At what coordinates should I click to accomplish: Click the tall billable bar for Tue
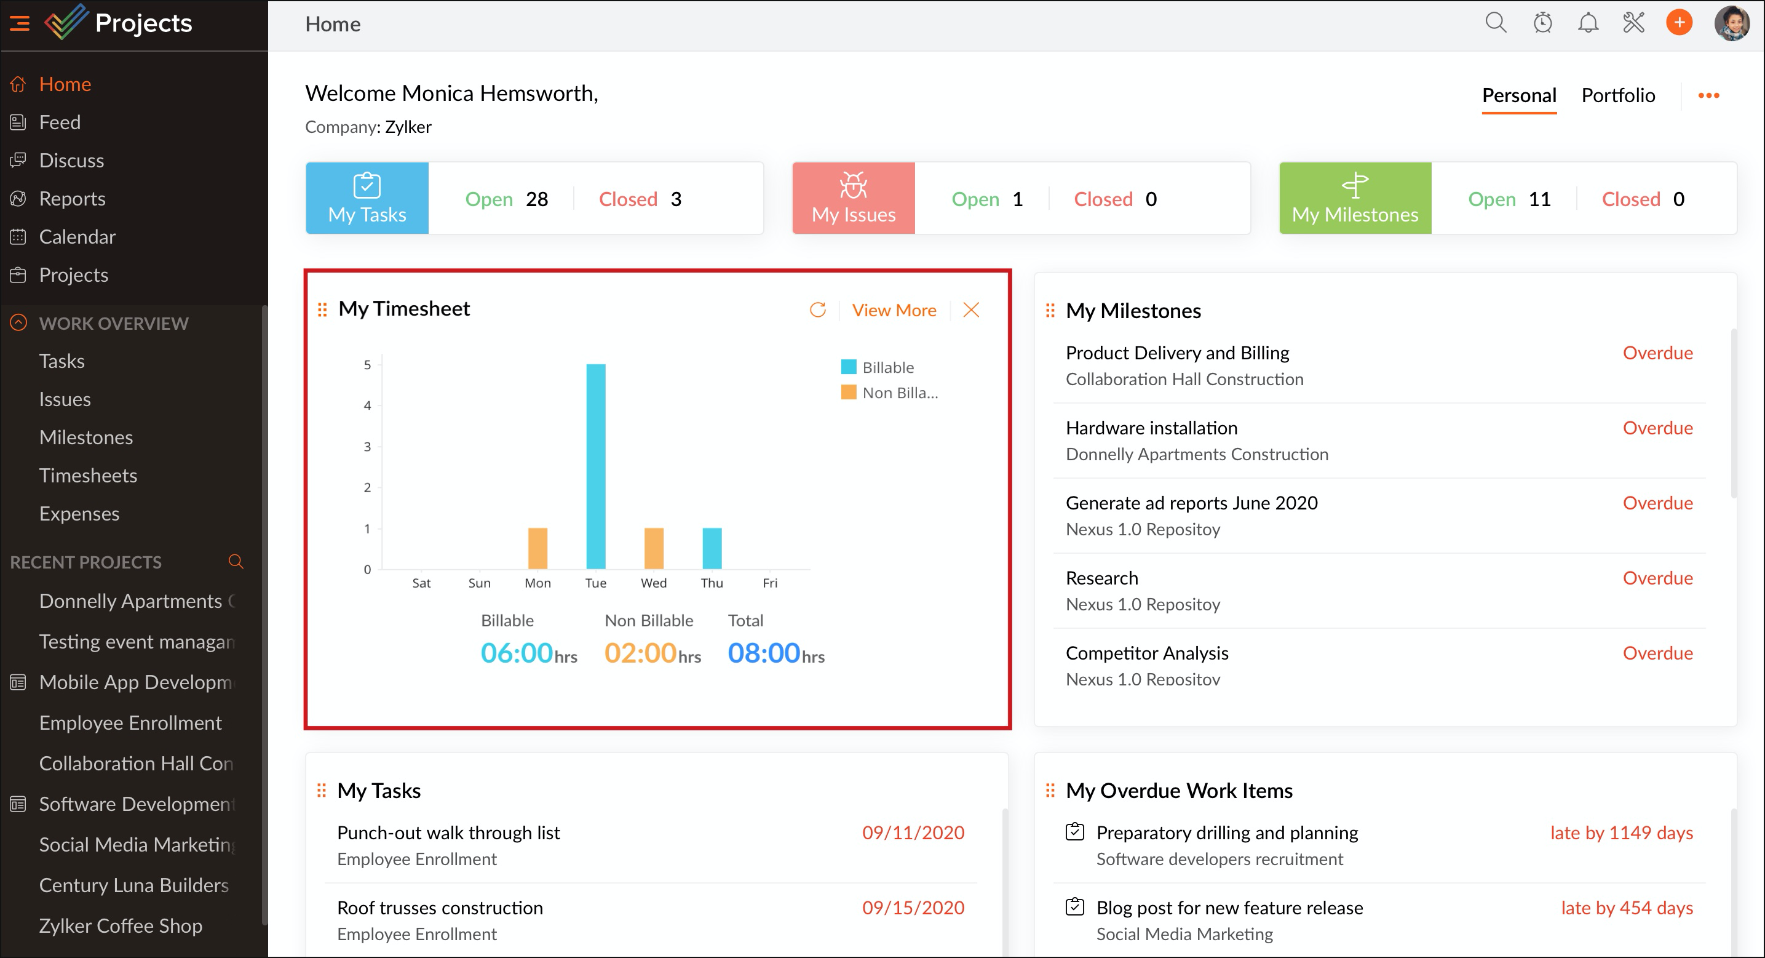click(x=595, y=466)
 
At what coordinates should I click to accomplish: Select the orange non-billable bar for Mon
click(x=537, y=548)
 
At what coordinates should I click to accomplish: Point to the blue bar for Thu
click(x=712, y=548)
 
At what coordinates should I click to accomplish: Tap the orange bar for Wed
click(x=654, y=548)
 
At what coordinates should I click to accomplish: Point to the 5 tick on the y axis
click(x=367, y=365)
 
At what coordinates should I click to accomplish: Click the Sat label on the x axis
click(x=421, y=583)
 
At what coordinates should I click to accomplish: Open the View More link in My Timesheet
click(x=894, y=311)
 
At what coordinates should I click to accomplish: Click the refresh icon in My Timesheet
click(x=817, y=311)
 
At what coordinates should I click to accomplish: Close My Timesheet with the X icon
click(x=971, y=311)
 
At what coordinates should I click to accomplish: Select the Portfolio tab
click(x=1617, y=95)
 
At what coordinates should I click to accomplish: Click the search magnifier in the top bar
click(x=1495, y=23)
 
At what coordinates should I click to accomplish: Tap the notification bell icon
click(x=1587, y=23)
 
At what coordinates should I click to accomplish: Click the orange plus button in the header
click(x=1679, y=23)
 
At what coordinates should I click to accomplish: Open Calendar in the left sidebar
click(x=77, y=237)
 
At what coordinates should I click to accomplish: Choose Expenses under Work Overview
click(x=79, y=514)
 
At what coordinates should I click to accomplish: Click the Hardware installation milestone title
click(x=1151, y=428)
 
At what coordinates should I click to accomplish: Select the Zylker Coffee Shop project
click(x=121, y=926)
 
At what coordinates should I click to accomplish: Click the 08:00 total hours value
click(x=763, y=653)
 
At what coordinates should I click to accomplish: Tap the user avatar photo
click(x=1731, y=23)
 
